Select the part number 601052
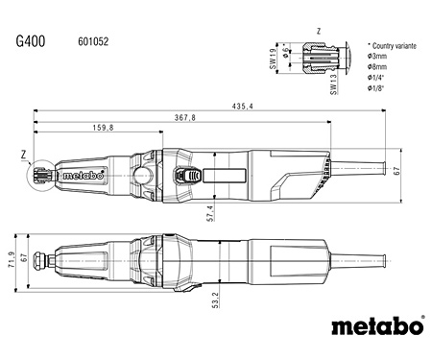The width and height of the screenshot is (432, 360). [x=92, y=43]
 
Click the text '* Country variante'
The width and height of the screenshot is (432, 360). [x=395, y=45]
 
